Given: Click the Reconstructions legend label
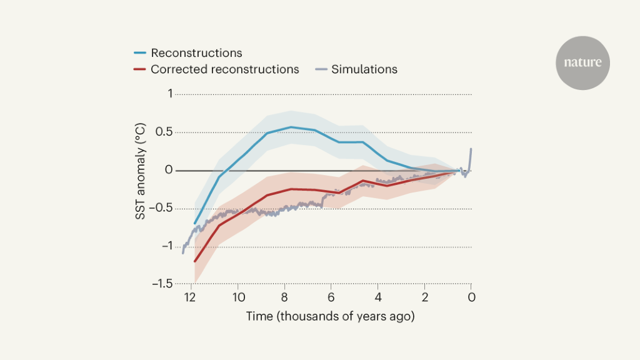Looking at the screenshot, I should [x=196, y=53].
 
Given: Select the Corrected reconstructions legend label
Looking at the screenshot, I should [x=224, y=69].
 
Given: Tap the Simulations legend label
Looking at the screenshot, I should [x=364, y=69].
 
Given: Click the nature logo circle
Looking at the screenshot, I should [x=582, y=62].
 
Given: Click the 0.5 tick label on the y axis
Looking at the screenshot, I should [x=164, y=132].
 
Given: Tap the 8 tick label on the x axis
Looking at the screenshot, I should [x=284, y=297].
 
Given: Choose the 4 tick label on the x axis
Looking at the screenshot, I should [x=377, y=297].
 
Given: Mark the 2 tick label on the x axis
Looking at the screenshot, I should [x=424, y=297].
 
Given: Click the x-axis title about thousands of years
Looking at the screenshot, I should [x=330, y=316].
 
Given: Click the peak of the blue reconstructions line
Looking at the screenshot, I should [x=291, y=127].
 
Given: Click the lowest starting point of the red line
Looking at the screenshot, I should [x=195, y=261].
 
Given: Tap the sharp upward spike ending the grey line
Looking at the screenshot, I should [x=471, y=149].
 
